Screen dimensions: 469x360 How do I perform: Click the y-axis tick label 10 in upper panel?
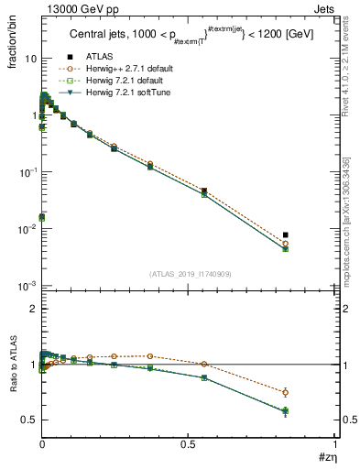click(x=30, y=58)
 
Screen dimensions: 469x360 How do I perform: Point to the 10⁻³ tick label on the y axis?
click(x=27, y=287)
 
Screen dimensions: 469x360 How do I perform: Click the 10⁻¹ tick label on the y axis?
click(x=27, y=172)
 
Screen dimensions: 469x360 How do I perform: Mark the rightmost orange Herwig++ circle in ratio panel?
click(x=285, y=392)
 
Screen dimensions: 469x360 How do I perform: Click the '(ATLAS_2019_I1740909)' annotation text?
click(x=189, y=274)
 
